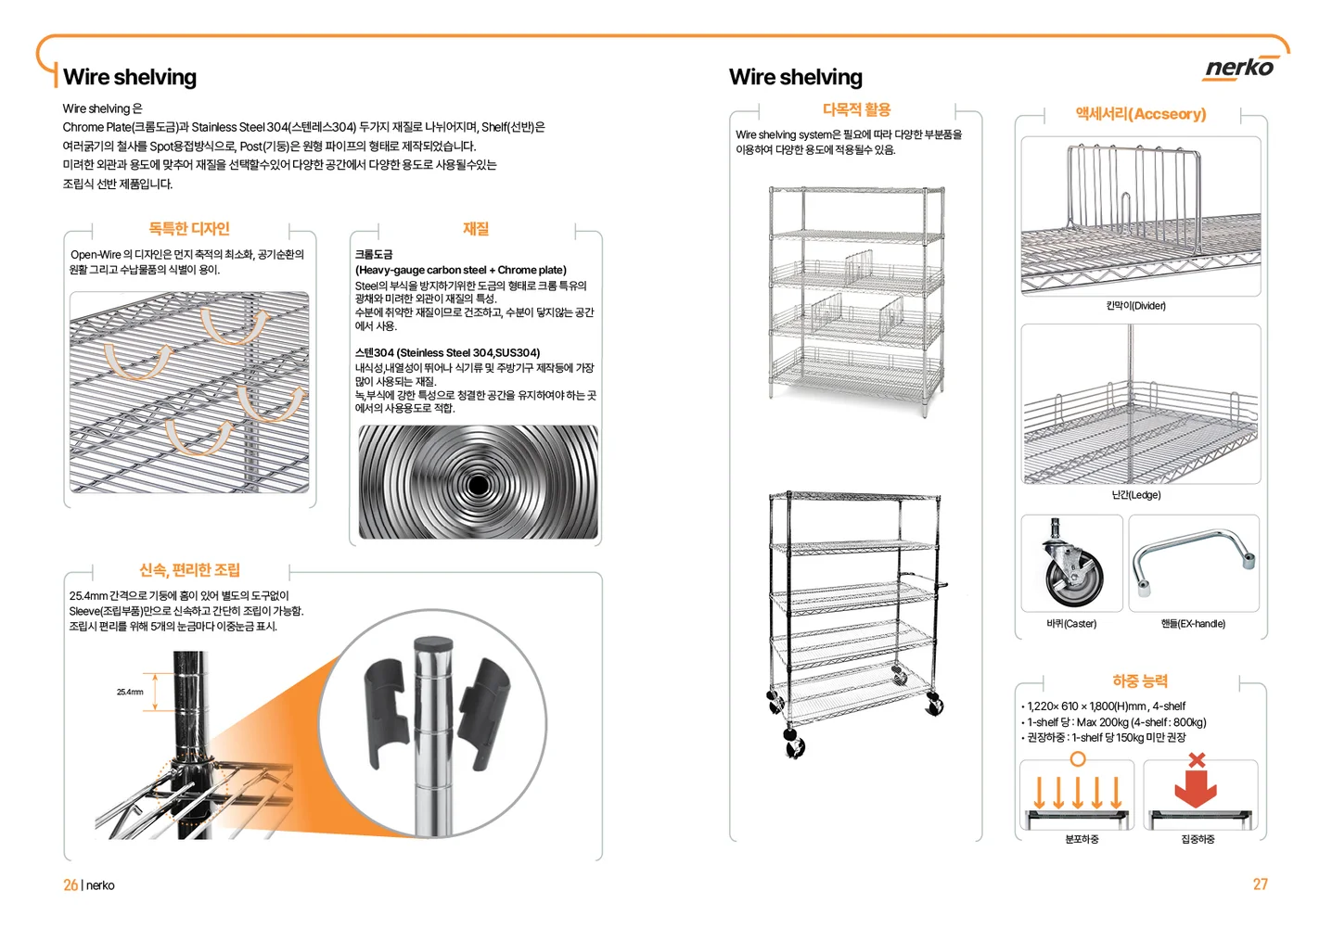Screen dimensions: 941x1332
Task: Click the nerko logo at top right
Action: click(x=1239, y=68)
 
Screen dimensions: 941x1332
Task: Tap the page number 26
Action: click(x=70, y=885)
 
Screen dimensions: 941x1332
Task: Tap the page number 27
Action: click(x=1260, y=884)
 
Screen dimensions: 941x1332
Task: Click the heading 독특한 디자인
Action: click(x=189, y=229)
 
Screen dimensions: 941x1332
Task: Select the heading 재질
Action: click(x=476, y=229)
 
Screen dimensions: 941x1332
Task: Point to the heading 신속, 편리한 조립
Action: click(x=189, y=570)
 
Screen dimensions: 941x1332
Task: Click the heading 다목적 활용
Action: click(x=856, y=110)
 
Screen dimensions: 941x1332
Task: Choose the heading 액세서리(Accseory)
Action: click(x=1140, y=114)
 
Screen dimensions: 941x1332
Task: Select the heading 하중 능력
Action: click(x=1140, y=681)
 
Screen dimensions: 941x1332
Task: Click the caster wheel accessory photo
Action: click(x=1071, y=564)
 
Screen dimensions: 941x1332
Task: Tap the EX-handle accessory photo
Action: click(x=1194, y=562)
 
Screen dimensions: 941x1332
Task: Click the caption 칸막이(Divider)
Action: click(x=1135, y=306)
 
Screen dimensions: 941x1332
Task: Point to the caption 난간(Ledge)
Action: click(x=1136, y=495)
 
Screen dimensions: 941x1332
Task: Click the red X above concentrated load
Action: click(x=1197, y=760)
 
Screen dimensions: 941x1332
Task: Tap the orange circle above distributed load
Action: click(x=1077, y=759)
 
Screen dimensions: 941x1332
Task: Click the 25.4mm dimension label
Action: click(x=130, y=692)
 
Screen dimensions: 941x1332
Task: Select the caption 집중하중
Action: click(x=1198, y=839)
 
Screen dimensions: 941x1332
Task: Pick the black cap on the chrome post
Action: click(x=432, y=644)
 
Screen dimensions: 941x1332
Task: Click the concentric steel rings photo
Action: click(x=478, y=482)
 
